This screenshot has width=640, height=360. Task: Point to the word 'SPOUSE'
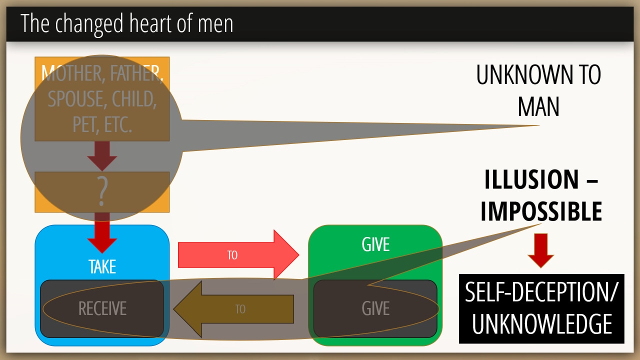click(x=76, y=99)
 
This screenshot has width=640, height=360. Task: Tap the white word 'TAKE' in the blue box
click(x=102, y=266)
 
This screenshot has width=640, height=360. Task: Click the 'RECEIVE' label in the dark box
click(x=102, y=308)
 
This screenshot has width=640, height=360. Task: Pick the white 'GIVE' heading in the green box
click(x=375, y=244)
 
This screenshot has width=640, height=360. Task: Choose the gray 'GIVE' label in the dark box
click(x=375, y=308)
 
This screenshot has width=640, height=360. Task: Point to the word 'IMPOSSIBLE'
click(x=541, y=211)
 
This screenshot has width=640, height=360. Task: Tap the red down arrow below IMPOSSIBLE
click(x=540, y=250)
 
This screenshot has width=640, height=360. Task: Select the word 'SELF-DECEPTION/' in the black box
click(x=541, y=292)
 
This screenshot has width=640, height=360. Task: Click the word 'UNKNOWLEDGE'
click(x=541, y=324)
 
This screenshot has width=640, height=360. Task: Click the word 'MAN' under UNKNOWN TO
click(x=538, y=106)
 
